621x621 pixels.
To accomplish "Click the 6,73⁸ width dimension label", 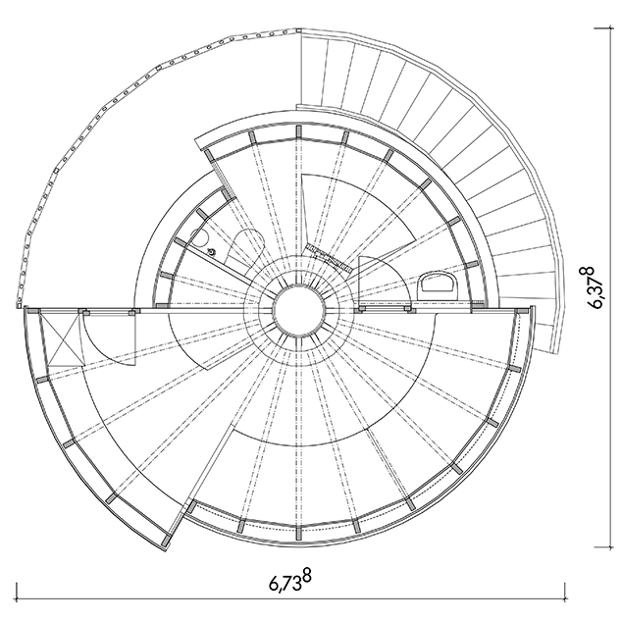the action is point(290,581).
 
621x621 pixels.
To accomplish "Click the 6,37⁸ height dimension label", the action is point(596,287).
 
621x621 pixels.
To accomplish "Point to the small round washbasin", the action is point(199,238).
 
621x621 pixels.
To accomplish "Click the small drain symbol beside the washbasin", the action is point(212,251).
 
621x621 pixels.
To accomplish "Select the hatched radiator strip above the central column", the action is point(328,257).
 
